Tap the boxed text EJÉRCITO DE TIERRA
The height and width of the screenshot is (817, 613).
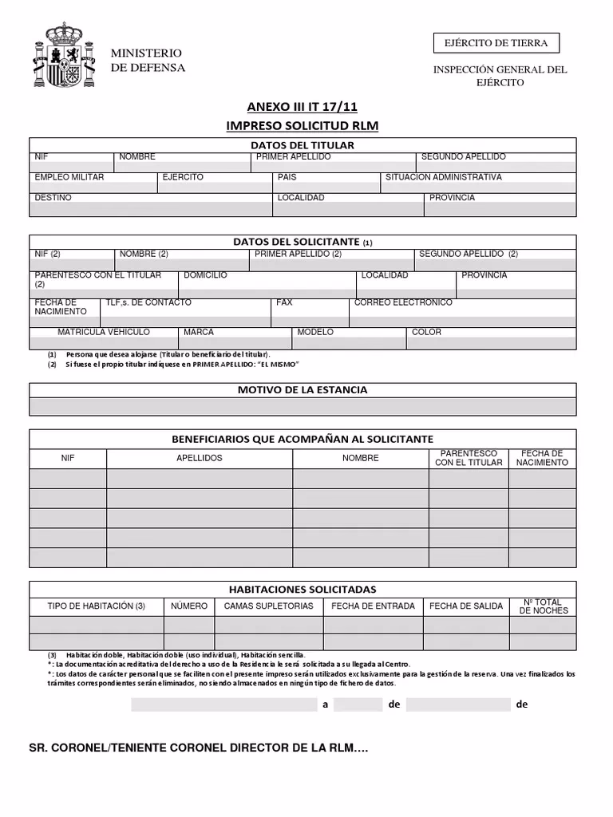496,43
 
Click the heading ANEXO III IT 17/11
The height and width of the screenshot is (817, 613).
303,109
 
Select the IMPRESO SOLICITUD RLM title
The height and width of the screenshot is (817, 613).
303,126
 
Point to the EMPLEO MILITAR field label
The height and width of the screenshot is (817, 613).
69,177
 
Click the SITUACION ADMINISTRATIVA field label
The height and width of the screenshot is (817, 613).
444,177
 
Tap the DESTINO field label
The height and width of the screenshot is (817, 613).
53,197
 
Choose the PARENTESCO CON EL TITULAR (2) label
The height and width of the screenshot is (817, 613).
97,279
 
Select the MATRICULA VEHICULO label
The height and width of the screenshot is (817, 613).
104,332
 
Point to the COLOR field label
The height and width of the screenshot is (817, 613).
426,332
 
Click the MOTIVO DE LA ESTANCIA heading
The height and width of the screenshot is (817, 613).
303,390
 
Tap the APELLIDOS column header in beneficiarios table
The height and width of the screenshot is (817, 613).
200,458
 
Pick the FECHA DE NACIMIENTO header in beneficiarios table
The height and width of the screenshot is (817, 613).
542,458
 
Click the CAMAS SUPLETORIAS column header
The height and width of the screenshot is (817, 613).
268,606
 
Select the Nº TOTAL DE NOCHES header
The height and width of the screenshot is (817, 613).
543,606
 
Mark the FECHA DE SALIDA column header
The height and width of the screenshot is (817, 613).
466,606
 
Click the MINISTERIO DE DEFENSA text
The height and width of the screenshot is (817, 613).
148,61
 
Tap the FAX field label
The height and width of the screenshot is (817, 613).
284,302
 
